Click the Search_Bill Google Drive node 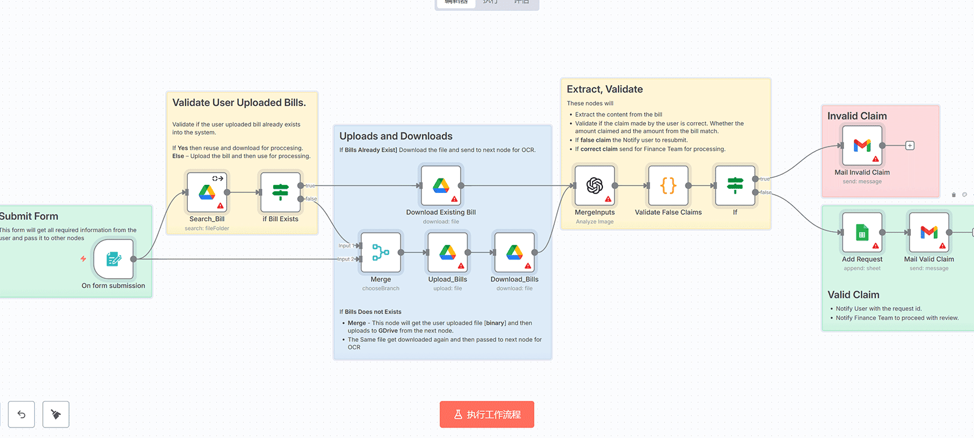point(207,192)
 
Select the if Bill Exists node point(281,192)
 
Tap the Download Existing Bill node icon point(441,186)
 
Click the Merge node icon point(380,253)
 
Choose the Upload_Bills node point(448,253)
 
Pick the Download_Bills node point(514,253)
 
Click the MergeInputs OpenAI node point(594,186)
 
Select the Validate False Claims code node point(668,186)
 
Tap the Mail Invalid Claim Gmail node point(862,146)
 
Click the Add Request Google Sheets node point(862,232)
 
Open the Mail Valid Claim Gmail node point(929,232)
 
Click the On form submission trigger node point(114,259)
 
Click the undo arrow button point(21,414)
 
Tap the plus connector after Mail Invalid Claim point(910,146)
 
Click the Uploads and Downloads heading point(396,136)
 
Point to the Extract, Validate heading point(605,89)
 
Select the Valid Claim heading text point(853,295)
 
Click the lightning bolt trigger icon point(83,259)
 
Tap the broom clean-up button point(56,414)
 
